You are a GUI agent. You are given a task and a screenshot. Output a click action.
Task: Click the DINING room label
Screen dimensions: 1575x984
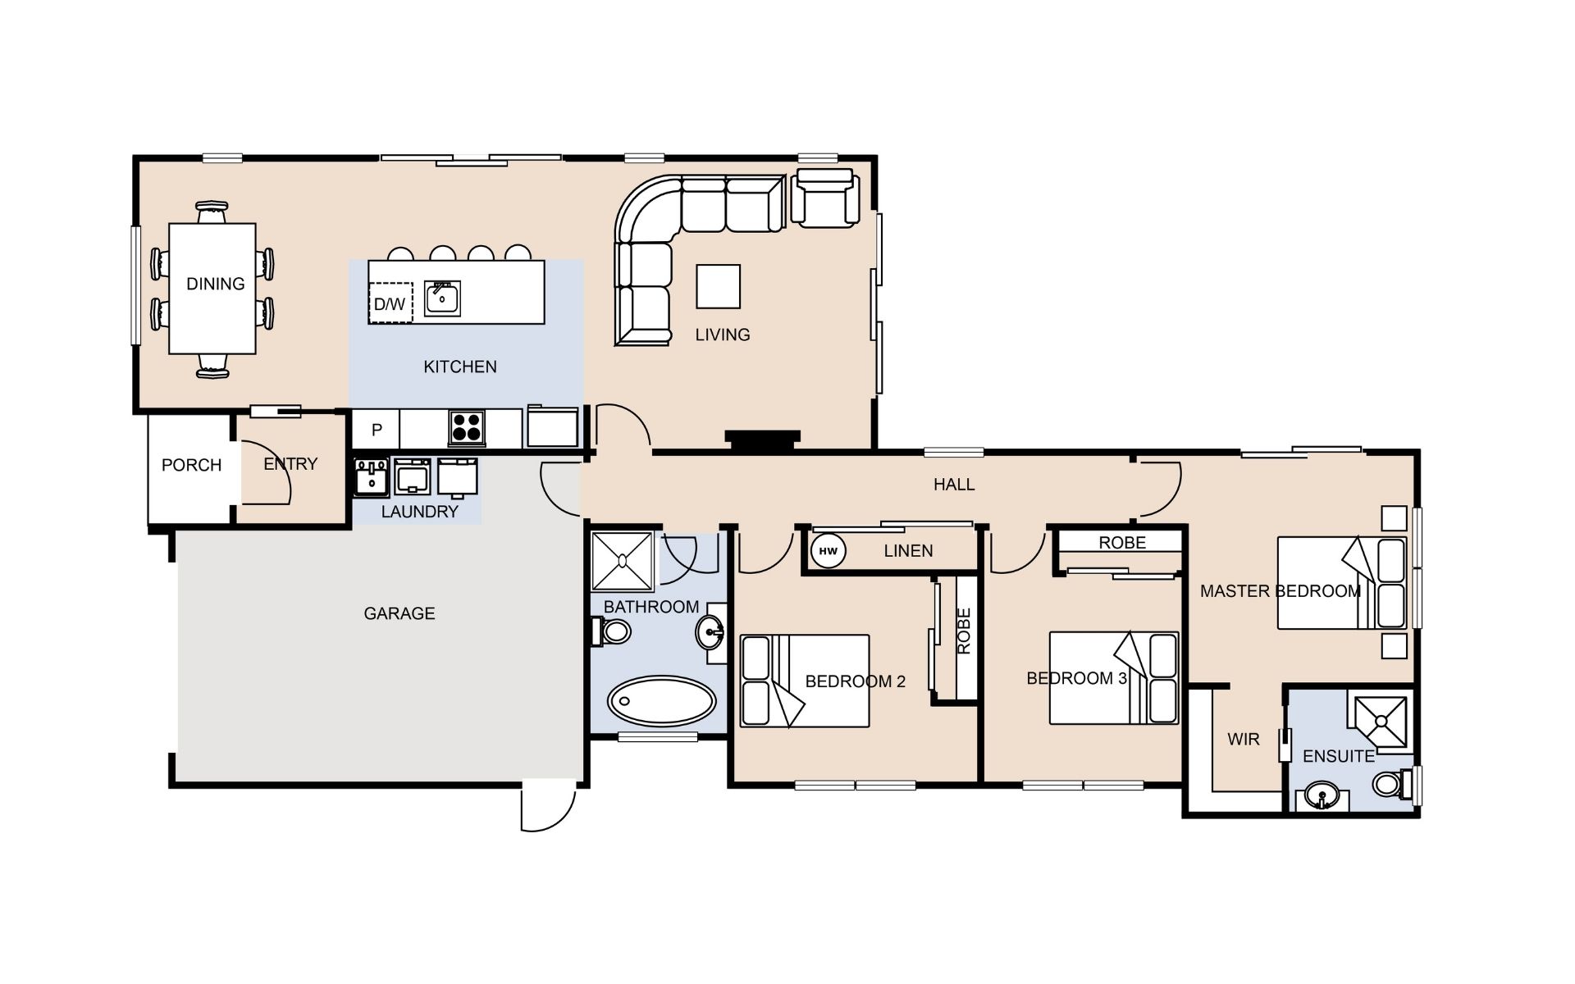[216, 284]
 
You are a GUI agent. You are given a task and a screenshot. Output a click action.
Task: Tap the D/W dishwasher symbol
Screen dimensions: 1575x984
[390, 303]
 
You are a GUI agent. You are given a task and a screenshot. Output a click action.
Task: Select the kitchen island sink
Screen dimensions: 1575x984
[442, 298]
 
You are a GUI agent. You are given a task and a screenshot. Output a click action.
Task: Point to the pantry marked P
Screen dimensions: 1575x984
[377, 430]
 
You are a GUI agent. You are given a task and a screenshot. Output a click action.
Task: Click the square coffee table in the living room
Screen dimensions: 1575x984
[718, 286]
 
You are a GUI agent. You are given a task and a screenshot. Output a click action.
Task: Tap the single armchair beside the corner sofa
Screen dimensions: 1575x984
[824, 198]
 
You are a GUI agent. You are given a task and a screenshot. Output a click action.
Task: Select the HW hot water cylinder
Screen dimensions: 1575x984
[828, 551]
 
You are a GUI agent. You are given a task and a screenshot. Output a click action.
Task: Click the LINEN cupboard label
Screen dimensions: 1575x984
[908, 551]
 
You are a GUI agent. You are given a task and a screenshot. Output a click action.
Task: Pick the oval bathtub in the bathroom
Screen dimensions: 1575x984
[661, 701]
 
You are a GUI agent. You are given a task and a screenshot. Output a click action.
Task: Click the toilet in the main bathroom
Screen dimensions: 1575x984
[611, 631]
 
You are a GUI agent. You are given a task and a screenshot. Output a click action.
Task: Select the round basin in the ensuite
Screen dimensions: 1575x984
[1321, 795]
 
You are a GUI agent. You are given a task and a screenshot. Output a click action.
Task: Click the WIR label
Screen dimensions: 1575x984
[1244, 740]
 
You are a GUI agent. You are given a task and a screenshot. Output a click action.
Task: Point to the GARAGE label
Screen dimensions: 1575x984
[399, 613]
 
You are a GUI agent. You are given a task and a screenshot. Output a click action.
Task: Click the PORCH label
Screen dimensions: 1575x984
[191, 465]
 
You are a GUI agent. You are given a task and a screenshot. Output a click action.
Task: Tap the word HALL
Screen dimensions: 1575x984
[954, 485]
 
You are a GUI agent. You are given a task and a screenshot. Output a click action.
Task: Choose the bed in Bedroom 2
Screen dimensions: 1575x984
[805, 681]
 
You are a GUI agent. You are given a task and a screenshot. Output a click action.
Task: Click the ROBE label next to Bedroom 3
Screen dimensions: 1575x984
[1122, 543]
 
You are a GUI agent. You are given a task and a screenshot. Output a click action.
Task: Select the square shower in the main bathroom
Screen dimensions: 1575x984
[623, 561]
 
